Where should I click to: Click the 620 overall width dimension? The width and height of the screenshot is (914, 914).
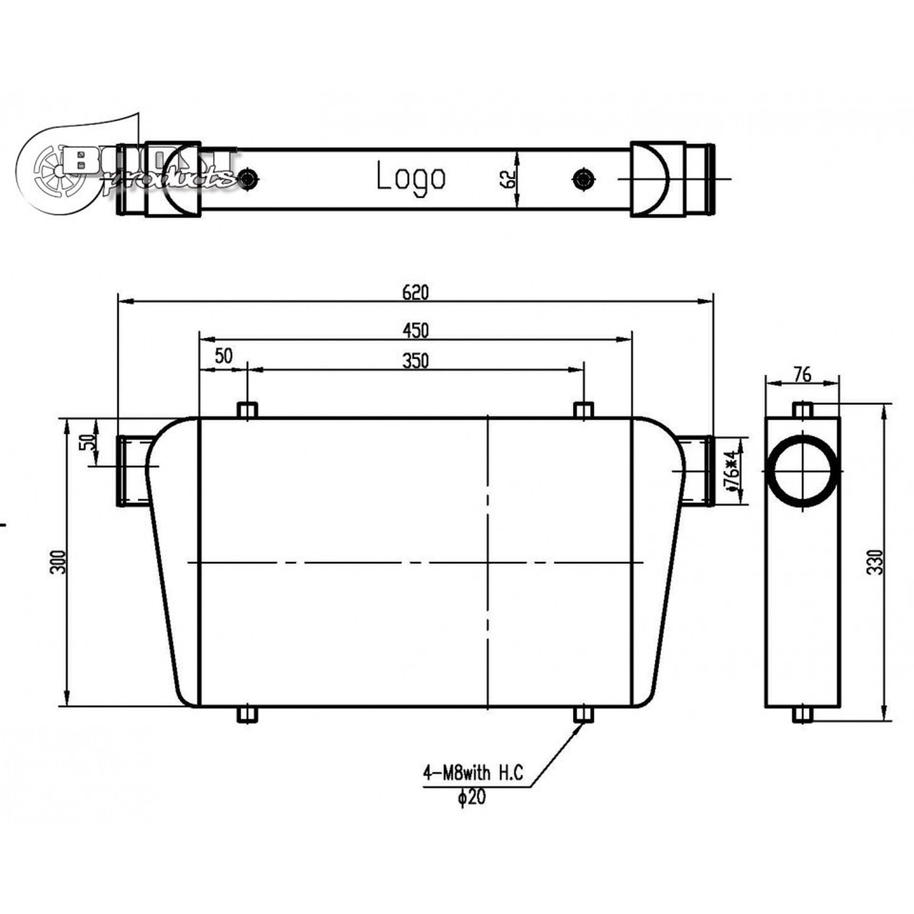point(415,292)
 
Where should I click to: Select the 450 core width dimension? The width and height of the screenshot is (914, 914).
point(415,330)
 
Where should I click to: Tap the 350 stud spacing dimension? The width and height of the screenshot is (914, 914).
point(415,361)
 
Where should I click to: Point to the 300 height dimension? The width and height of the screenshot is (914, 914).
point(58,562)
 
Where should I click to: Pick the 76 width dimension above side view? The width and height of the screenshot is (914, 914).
point(803,374)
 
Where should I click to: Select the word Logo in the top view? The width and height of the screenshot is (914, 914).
point(411,178)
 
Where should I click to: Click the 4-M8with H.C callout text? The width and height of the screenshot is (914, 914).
point(472,773)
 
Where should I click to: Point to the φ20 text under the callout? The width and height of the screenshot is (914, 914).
point(472,797)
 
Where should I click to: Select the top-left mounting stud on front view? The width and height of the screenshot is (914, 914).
point(247,410)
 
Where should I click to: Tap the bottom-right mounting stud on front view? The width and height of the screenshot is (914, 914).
point(583,715)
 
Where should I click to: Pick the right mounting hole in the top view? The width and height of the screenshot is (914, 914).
point(583,179)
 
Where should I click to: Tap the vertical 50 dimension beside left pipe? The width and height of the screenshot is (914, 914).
point(89,443)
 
